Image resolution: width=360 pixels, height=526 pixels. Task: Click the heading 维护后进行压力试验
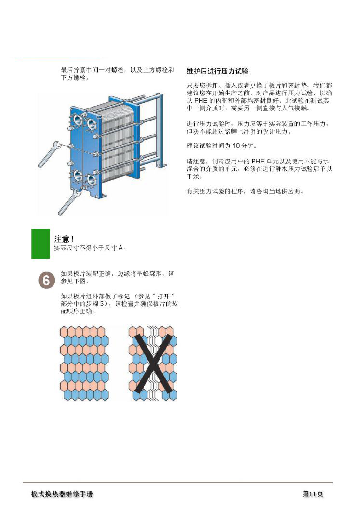click(x=217, y=71)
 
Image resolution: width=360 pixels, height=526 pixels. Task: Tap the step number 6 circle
click(x=46, y=281)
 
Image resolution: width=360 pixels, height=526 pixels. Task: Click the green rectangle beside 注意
click(x=40, y=244)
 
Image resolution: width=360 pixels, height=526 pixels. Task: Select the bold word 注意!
click(x=64, y=239)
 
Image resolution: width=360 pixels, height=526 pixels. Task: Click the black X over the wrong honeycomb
click(x=153, y=364)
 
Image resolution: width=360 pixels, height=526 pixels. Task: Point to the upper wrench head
click(x=57, y=145)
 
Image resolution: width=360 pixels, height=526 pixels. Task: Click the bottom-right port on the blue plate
click(x=92, y=179)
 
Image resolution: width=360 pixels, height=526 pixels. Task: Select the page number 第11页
click(x=313, y=494)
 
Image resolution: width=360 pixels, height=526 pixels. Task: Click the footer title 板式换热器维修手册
click(x=62, y=494)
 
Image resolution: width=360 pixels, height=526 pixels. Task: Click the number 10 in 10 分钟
click(x=236, y=145)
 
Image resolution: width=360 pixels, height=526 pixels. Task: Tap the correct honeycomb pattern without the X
click(x=84, y=364)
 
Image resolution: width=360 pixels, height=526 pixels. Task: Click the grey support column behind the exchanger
click(x=160, y=131)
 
